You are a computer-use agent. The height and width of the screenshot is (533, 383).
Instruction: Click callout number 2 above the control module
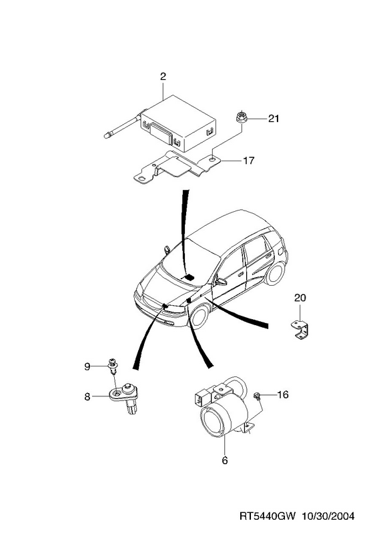click(x=163, y=77)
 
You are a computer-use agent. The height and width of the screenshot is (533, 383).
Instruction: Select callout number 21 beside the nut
click(x=274, y=119)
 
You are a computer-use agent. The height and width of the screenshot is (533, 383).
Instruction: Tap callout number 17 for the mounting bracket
click(x=249, y=160)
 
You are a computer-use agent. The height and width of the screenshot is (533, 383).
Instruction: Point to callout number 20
click(x=300, y=298)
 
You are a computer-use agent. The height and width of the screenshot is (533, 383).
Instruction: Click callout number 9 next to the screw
click(x=87, y=366)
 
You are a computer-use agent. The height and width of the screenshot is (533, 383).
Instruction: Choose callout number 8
click(x=87, y=396)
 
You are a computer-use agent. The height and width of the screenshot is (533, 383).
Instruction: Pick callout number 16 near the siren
click(x=283, y=394)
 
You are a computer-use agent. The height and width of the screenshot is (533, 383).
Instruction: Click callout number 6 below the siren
click(x=225, y=460)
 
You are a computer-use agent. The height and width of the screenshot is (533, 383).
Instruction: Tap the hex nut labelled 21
click(x=242, y=117)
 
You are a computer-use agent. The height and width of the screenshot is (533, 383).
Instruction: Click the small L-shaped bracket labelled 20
click(x=300, y=329)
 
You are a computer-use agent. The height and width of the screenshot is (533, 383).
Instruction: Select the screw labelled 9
click(x=112, y=365)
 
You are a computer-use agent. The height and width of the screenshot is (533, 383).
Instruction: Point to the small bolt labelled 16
click(x=257, y=396)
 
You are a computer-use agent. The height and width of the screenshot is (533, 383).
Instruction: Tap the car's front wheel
click(x=200, y=316)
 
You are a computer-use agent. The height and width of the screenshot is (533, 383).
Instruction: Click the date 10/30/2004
click(x=328, y=516)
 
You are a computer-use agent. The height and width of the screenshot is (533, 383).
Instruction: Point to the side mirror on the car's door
click(x=221, y=281)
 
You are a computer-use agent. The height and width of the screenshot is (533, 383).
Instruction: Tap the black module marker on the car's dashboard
click(x=189, y=277)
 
